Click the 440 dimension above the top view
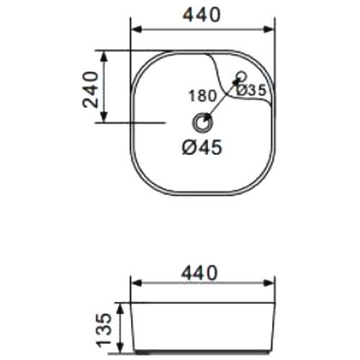click(202, 14)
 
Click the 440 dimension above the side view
click(199, 273)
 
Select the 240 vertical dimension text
click(91, 89)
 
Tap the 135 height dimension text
click(104, 330)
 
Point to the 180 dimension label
click(202, 96)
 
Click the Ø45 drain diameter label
click(202, 147)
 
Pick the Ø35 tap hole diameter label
click(251, 90)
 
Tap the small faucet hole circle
click(241, 76)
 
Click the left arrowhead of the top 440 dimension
click(137, 30)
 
